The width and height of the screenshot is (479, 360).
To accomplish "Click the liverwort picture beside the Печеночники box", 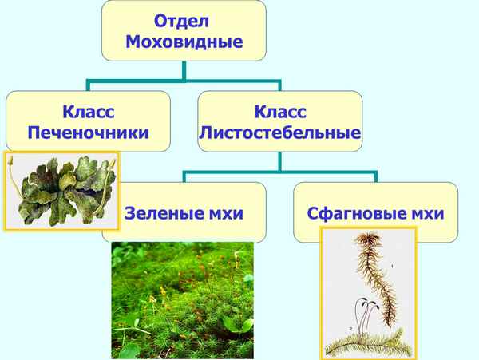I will [x=61, y=190].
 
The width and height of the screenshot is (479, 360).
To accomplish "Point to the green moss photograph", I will [x=181, y=300].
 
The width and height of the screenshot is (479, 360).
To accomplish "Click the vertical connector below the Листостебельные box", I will [x=279, y=162].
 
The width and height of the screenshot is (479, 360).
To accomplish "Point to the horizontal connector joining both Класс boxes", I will [x=184, y=79].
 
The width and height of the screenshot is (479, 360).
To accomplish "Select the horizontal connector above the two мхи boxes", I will [x=279, y=171].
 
